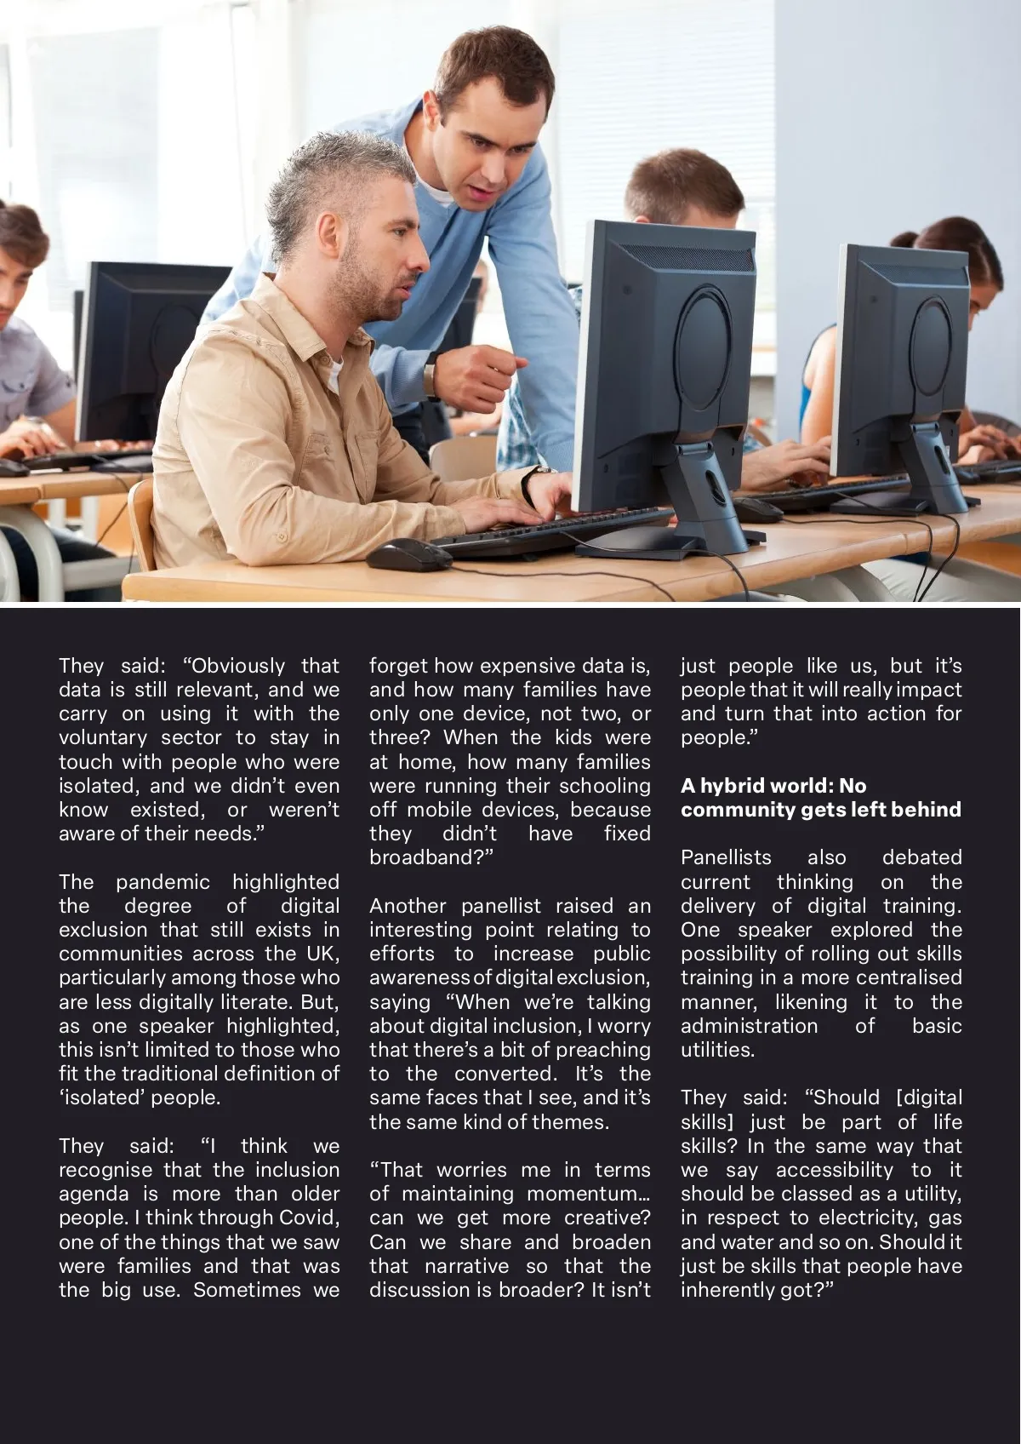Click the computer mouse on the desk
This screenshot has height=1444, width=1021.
point(408,554)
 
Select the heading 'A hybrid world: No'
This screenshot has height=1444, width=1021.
point(773,786)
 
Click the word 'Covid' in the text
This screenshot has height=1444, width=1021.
point(308,1218)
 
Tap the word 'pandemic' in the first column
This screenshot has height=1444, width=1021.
point(163,882)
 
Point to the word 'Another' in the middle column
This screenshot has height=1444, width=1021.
point(408,906)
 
